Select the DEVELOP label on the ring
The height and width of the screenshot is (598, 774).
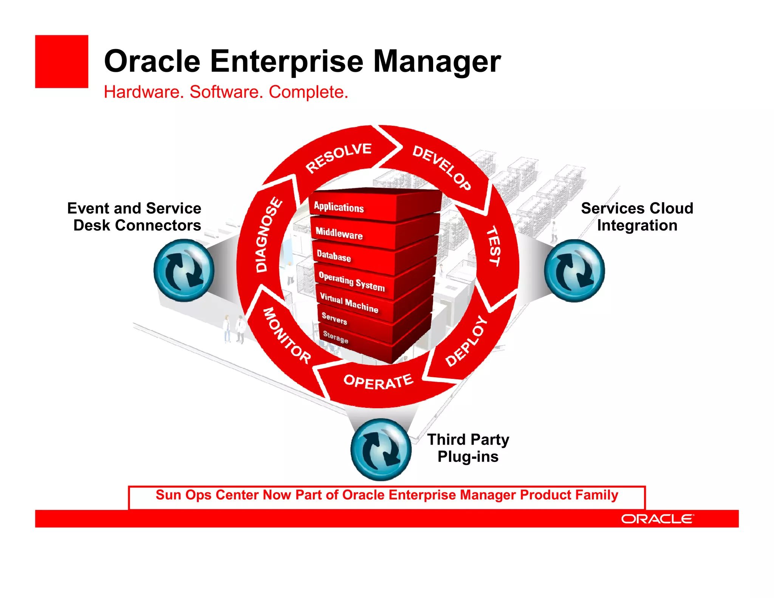(x=441, y=167)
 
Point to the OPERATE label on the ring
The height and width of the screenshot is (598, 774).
(x=378, y=382)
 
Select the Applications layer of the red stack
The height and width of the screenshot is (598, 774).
(x=339, y=207)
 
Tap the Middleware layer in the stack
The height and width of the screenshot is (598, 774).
(x=339, y=233)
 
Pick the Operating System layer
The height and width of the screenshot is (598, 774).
(x=351, y=281)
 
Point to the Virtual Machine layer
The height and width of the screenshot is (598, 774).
(x=349, y=303)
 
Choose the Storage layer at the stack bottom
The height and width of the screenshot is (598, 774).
(x=336, y=336)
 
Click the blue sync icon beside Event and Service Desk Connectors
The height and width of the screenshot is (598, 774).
(x=184, y=270)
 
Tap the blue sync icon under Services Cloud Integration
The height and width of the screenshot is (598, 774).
(x=574, y=271)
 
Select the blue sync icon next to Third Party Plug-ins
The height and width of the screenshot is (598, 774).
(x=381, y=449)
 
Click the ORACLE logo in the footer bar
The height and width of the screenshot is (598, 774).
(x=657, y=519)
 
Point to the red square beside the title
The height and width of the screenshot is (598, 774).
(x=62, y=62)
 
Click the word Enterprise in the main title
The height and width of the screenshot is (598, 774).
(x=286, y=61)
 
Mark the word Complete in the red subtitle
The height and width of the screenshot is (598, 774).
(x=308, y=92)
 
